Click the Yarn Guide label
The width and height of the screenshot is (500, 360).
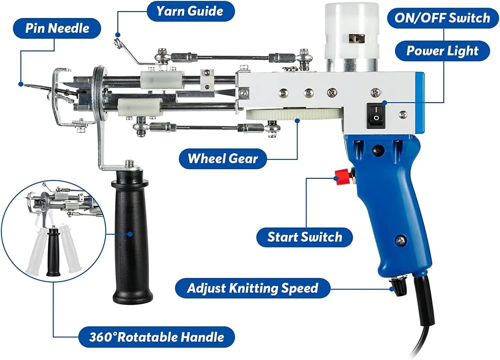[x=191, y=11]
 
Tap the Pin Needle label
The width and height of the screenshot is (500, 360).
[x=57, y=28]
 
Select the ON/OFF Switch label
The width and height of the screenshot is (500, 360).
[x=443, y=18]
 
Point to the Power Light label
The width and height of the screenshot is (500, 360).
[x=442, y=51]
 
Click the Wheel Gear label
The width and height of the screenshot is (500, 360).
[x=223, y=159]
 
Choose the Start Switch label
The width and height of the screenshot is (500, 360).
[x=304, y=237]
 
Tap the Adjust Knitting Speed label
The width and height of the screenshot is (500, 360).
[x=253, y=288]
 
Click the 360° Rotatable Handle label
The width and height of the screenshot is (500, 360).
[x=156, y=337]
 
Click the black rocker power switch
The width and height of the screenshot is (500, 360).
[x=376, y=116]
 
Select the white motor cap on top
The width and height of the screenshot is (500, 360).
[x=352, y=32]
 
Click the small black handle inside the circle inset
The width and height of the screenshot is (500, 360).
[x=53, y=252]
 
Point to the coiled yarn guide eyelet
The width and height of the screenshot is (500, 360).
[x=118, y=43]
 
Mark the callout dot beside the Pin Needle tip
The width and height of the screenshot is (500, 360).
[x=21, y=84]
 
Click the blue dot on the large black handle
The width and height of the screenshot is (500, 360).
[x=130, y=234]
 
